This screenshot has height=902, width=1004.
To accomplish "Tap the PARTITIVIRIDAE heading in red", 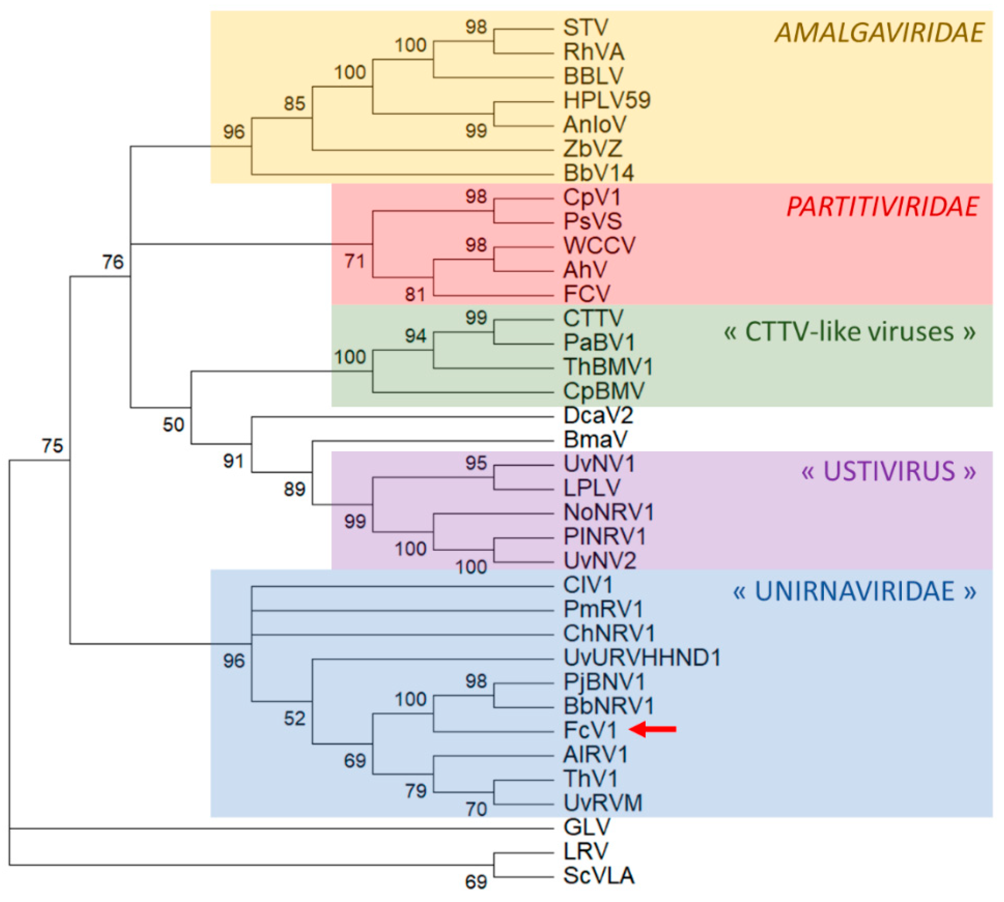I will pyautogui.click(x=882, y=207).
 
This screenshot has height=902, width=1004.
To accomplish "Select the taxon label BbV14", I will pyautogui.click(x=598, y=173).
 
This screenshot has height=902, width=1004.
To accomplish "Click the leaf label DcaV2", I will pyautogui.click(x=598, y=415).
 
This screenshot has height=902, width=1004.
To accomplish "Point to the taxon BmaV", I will pyautogui.click(x=595, y=439).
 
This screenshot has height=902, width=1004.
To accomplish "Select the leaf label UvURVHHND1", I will pyautogui.click(x=641, y=658).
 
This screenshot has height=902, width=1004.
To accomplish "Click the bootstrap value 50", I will pyautogui.click(x=173, y=425).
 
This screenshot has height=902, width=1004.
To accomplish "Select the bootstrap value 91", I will pyautogui.click(x=233, y=461).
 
